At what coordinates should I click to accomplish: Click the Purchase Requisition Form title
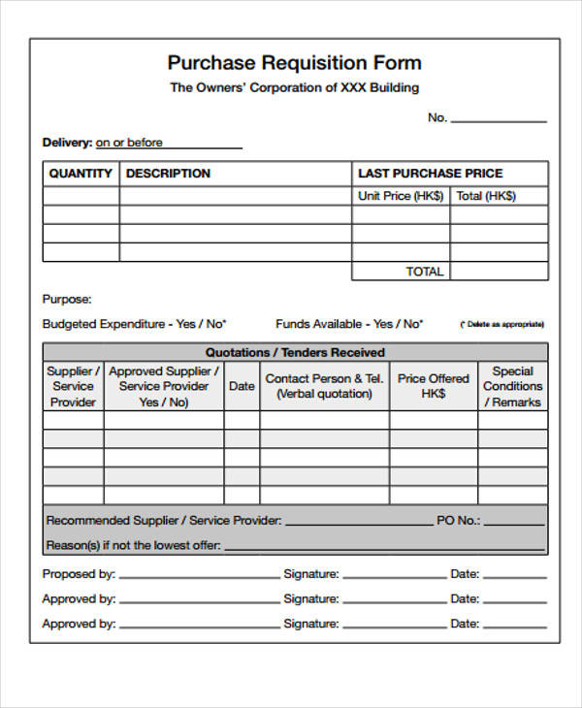coord(294,63)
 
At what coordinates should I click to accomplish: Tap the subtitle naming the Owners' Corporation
coord(294,87)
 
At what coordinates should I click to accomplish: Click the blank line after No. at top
coord(499,119)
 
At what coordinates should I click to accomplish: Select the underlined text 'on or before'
coord(129,143)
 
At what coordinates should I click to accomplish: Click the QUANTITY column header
coord(81,174)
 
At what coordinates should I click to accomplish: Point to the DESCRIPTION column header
coord(168,174)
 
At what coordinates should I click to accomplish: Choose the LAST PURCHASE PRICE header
coord(431,174)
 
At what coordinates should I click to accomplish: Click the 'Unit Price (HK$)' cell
coord(401,196)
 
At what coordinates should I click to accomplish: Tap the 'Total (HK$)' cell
coord(486,196)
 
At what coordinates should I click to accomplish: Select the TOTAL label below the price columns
coord(425,272)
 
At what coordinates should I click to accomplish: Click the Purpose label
coord(67,300)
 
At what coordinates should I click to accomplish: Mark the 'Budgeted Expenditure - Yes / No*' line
coord(134,324)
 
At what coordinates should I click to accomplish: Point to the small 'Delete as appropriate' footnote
coord(501,325)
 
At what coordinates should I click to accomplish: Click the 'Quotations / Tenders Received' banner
coord(295,352)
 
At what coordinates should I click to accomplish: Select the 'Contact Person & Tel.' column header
coord(325,386)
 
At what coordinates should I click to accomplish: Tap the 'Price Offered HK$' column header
coord(433,386)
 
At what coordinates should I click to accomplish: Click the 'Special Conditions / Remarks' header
coord(512,386)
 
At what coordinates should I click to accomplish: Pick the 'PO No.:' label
coord(458,521)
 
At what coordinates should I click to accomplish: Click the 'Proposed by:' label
coord(79,574)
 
